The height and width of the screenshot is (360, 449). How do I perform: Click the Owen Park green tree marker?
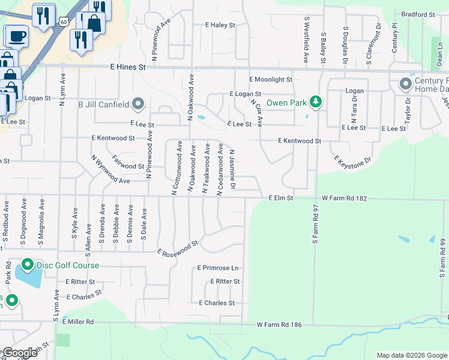click(x=315, y=102)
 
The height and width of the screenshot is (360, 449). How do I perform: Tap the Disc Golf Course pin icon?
click(x=27, y=265)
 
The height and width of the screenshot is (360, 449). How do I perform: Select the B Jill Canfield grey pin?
click(x=138, y=104)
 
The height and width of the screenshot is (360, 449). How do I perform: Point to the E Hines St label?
click(x=128, y=68)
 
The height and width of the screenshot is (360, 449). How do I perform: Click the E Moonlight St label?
click(x=271, y=79)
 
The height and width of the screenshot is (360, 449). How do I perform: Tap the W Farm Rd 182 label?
click(x=344, y=197)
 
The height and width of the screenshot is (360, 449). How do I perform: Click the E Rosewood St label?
click(x=178, y=248)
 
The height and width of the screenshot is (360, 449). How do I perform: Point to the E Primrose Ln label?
click(x=218, y=268)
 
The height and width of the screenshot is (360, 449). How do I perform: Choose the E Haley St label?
click(x=220, y=25)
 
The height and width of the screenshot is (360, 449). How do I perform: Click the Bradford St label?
click(x=418, y=14)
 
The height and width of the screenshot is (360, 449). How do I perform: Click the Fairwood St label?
click(x=128, y=166)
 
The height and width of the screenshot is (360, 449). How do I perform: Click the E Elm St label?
click(x=280, y=197)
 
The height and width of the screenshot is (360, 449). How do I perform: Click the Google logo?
click(x=20, y=353)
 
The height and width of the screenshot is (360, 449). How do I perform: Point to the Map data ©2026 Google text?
click(x=411, y=355)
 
